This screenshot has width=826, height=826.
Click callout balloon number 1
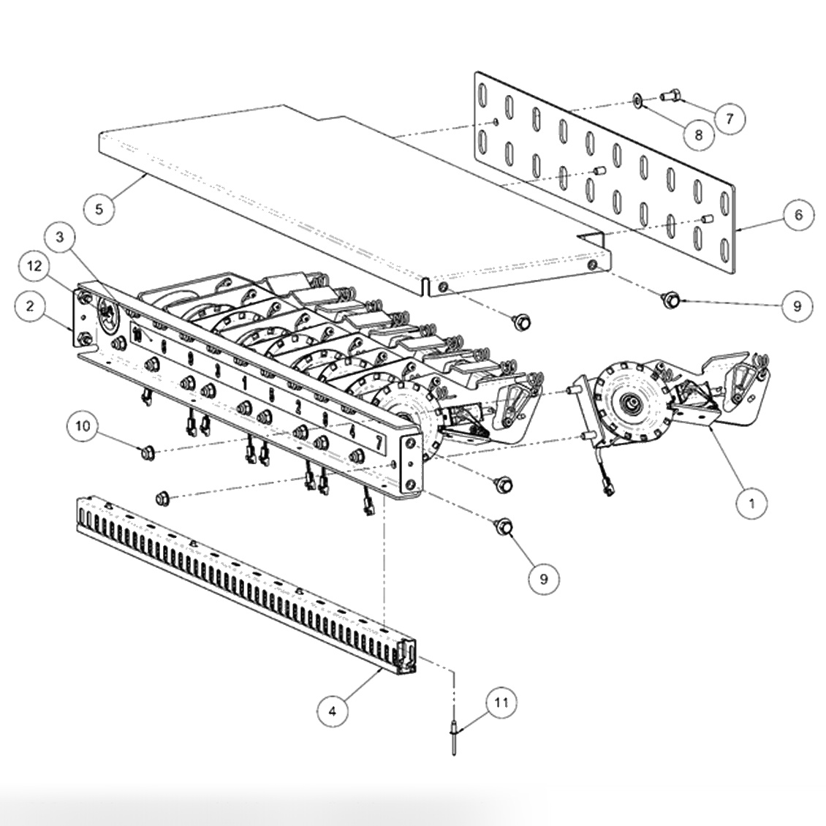coord(753,502)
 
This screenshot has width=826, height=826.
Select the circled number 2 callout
coord(30,306)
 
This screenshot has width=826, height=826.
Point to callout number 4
coord(333,711)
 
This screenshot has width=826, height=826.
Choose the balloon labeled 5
coord(99,208)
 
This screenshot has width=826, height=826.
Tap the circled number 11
coord(501,703)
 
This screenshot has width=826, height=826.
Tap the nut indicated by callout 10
coord(147,452)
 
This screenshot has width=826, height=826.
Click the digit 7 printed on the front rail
coord(378,442)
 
